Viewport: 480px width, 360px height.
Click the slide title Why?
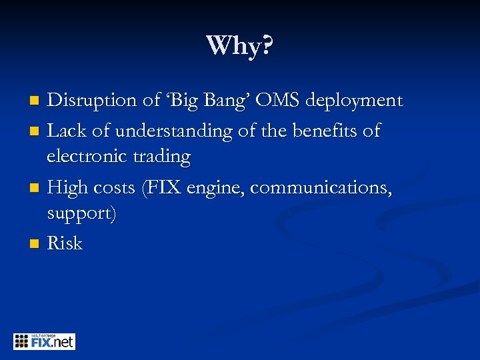[240, 46]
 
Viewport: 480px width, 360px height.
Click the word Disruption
[93, 101]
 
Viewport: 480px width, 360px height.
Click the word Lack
[65, 130]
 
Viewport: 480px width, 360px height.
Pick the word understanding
[164, 131]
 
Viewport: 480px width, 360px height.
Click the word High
[67, 188]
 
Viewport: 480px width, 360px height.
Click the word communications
[321, 188]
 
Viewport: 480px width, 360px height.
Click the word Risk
[65, 243]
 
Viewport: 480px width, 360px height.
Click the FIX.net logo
[44, 341]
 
